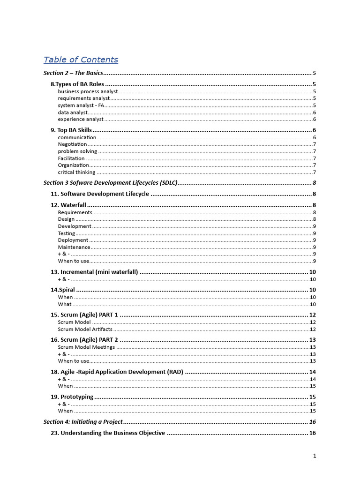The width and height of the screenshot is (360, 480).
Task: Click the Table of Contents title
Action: [81, 60]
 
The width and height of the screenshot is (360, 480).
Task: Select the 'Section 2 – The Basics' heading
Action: [73, 73]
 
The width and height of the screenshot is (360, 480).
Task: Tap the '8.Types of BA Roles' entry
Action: [77, 84]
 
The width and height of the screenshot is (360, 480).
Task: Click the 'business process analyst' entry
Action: [88, 91]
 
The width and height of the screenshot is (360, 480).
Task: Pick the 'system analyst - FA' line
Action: [81, 105]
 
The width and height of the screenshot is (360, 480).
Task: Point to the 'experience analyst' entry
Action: [81, 119]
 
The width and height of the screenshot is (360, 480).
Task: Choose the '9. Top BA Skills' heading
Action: [71, 130]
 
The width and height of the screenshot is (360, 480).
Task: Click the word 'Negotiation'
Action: [72, 144]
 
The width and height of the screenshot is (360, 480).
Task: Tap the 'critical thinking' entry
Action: [76, 172]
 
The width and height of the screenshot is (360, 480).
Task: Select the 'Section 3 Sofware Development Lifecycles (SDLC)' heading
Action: [111, 183]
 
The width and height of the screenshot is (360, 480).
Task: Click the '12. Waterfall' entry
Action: [68, 205]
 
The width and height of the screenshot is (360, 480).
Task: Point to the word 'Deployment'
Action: [73, 240]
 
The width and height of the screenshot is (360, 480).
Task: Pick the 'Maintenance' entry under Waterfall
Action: [74, 247]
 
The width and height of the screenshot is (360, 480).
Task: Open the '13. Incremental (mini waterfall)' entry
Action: [94, 272]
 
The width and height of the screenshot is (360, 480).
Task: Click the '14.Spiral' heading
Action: [62, 290]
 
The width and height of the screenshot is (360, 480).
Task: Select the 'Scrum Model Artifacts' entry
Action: [85, 329]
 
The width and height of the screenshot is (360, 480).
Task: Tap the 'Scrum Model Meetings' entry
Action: [86, 347]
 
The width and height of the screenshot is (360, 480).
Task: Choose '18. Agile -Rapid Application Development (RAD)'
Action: [117, 372]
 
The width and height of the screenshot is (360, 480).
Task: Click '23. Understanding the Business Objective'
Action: [108, 433]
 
